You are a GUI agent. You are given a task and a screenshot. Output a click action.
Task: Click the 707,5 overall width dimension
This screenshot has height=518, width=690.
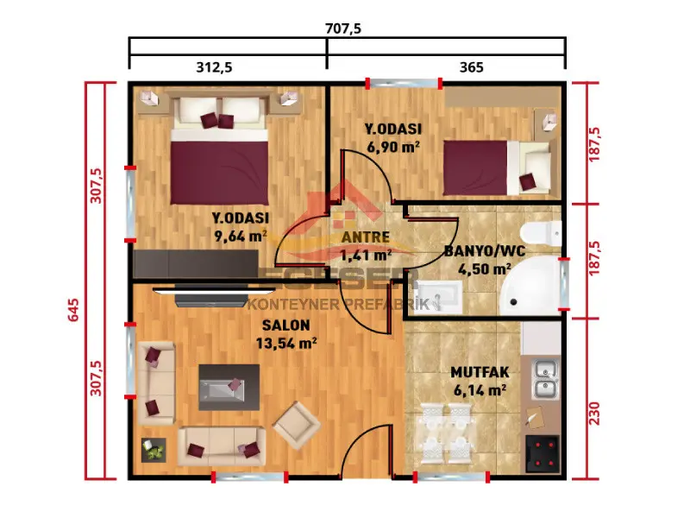click(342, 28)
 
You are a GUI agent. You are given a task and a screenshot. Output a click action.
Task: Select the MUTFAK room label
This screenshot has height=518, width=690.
click(480, 373)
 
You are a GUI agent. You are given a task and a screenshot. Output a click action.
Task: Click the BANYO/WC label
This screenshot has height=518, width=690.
click(484, 251)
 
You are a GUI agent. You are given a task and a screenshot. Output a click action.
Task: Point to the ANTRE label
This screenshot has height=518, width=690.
click(366, 237)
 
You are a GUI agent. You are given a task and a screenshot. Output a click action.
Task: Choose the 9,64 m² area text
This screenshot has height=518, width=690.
click(241, 234)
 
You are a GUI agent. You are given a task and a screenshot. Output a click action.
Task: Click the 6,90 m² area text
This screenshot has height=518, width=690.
click(392, 147)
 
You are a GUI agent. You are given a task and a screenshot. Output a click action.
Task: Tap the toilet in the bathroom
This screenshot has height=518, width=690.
click(545, 231)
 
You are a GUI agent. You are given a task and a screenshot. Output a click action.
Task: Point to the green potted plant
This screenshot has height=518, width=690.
click(154, 450)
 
